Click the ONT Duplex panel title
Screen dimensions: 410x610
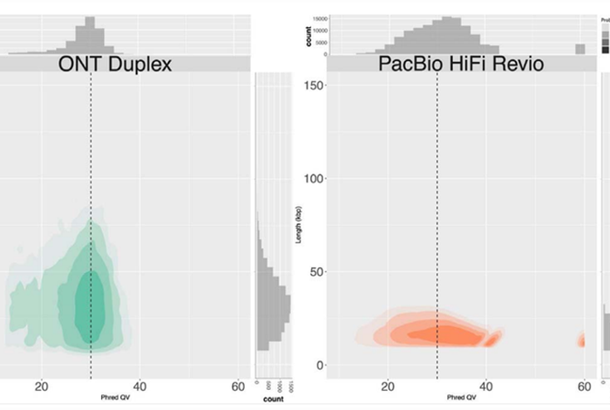(x=114, y=64)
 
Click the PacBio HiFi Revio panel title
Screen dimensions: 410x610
(x=448, y=64)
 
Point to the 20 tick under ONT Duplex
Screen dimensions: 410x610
(x=41, y=387)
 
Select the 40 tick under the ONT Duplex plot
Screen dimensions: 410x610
(x=140, y=387)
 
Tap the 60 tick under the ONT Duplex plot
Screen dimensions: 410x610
(x=239, y=387)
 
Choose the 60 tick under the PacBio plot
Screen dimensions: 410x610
(x=581, y=387)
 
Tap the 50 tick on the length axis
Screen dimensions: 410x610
(x=317, y=272)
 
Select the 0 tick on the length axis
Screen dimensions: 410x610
(x=320, y=365)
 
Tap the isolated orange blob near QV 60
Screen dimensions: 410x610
(x=581, y=340)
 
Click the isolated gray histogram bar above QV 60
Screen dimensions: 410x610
(x=580, y=49)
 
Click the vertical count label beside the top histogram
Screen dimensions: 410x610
(x=307, y=35)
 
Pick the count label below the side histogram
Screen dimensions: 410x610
(x=274, y=399)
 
